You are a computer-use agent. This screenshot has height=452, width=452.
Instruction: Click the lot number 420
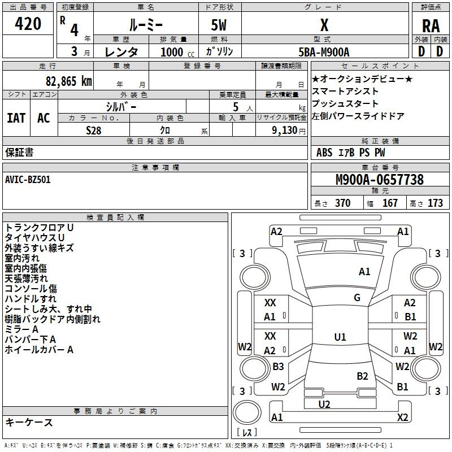pyautogui.click(x=29, y=24)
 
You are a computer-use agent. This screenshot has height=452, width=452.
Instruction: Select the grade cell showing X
pyautogui.click(x=324, y=25)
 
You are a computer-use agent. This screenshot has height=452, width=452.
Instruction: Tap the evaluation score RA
pyautogui.click(x=431, y=26)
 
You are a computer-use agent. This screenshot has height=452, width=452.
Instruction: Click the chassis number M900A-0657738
pyautogui.click(x=379, y=180)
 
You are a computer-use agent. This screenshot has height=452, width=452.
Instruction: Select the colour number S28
pyautogui.click(x=94, y=130)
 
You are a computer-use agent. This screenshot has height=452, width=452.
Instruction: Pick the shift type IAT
pyautogui.click(x=16, y=118)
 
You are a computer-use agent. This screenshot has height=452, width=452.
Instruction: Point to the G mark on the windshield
pyautogui.click(x=357, y=298)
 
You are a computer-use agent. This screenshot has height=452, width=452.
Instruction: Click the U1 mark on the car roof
pyautogui.click(x=340, y=337)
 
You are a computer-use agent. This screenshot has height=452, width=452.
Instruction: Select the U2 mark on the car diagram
pyautogui.click(x=324, y=404)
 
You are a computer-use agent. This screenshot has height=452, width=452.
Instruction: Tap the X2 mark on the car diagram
pyautogui.click(x=402, y=418)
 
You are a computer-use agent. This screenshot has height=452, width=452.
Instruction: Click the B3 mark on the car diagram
pyautogui.click(x=278, y=367)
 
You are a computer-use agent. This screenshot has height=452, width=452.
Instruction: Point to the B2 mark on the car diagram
pyautogui.click(x=362, y=376)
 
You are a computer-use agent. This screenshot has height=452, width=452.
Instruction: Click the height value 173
pyautogui.click(x=435, y=203)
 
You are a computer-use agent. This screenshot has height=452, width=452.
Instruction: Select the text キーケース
pyautogui.click(x=29, y=422)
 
